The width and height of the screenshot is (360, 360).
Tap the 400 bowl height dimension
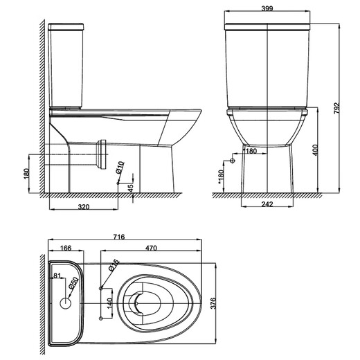tap(315, 150)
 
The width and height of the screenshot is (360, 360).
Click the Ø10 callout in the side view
tap(120, 167)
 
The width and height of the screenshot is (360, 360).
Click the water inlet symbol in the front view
tap(233, 161)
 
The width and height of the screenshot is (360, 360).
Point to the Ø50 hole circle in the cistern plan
tap(67, 302)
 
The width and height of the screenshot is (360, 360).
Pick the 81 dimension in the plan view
tap(58, 276)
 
